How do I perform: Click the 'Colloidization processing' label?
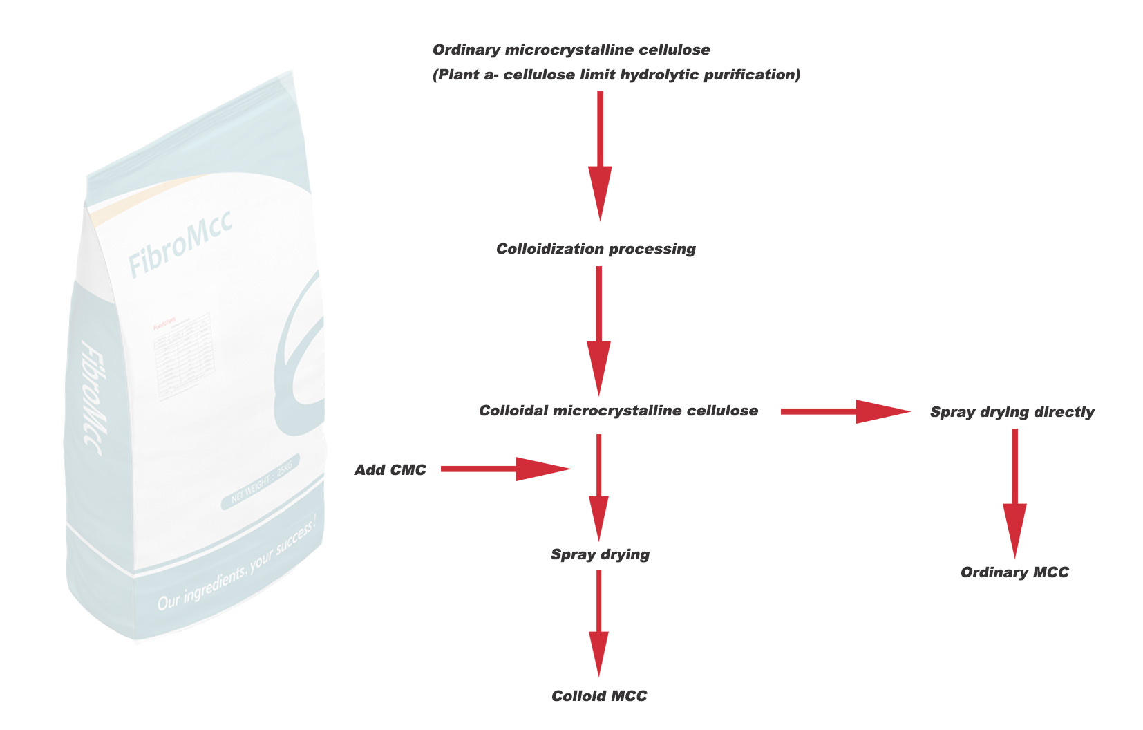[x=596, y=249]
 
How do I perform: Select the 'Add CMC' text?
[x=390, y=470]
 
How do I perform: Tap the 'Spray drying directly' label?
[x=1012, y=412]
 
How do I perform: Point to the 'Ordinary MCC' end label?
[x=1014, y=572]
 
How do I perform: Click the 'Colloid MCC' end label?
[x=599, y=696]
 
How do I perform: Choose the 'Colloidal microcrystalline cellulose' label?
[x=618, y=411]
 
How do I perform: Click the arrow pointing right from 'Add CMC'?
[x=505, y=469]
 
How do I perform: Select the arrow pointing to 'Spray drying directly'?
[x=844, y=411]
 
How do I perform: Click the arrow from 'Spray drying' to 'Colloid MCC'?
[x=598, y=622]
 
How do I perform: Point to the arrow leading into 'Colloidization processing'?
[x=600, y=156]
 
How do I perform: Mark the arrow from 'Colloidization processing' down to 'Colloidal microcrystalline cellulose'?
[x=598, y=330]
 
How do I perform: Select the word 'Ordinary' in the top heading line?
[x=466, y=50]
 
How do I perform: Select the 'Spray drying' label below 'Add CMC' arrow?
[x=600, y=554]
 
